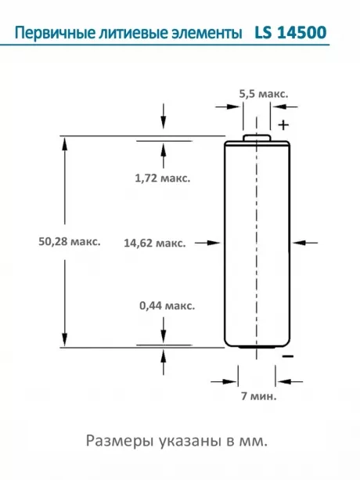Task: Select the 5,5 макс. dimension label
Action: point(263,93)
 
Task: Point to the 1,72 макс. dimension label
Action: point(163,178)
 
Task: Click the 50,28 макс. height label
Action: point(69,241)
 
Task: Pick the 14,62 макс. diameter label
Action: point(154,243)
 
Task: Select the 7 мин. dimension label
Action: point(260,397)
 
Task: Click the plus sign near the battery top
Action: point(283,125)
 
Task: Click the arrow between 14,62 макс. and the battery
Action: point(208,243)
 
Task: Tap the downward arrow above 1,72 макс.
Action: point(163,117)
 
